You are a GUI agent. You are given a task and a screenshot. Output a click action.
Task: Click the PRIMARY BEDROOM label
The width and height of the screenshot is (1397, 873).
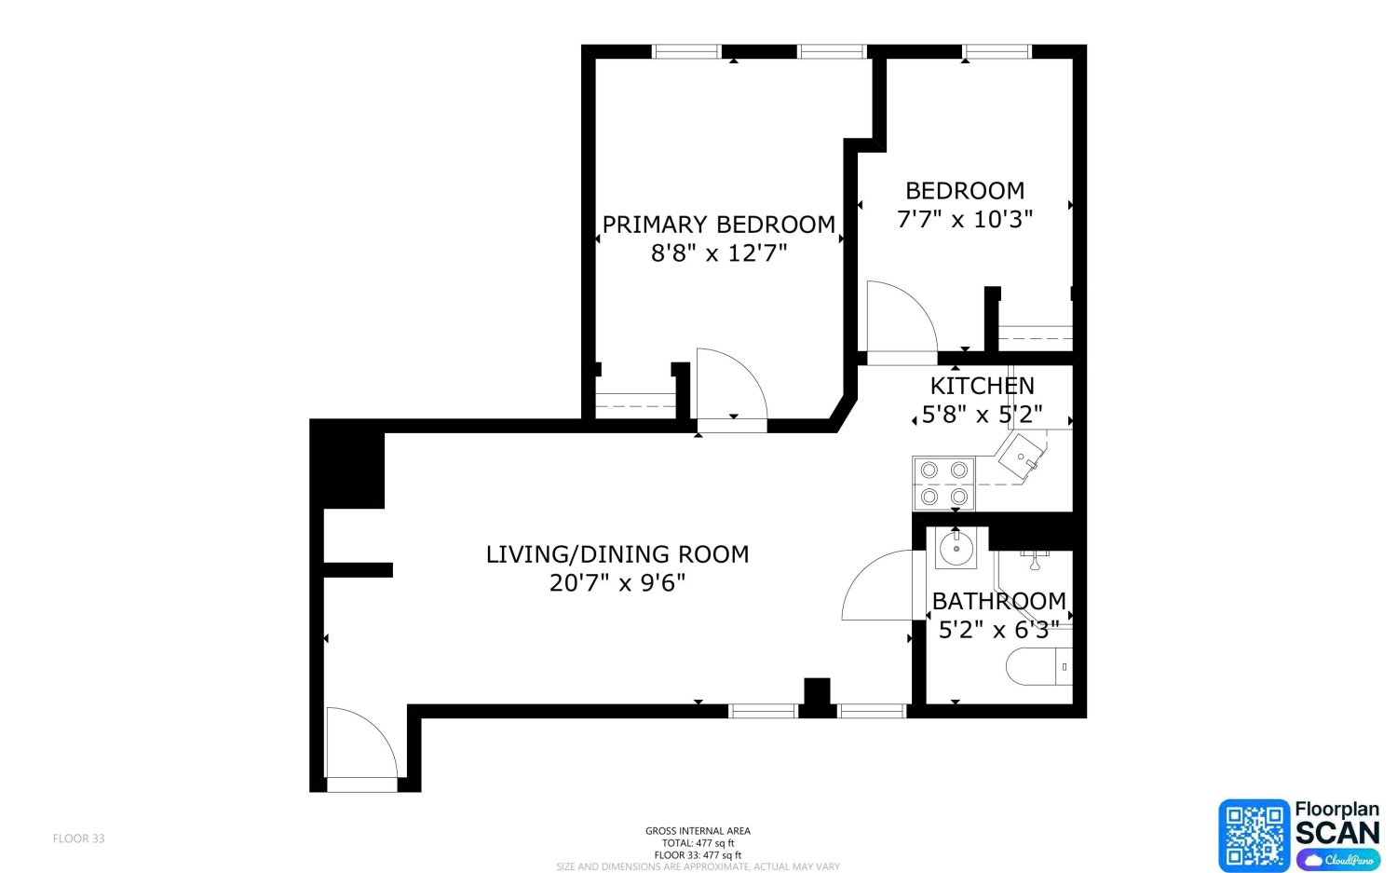coord(718,225)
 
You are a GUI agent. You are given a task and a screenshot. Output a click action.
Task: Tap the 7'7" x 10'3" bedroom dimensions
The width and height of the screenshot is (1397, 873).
coord(965,220)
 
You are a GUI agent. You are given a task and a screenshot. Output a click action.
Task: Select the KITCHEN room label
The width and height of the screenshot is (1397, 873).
coord(983,387)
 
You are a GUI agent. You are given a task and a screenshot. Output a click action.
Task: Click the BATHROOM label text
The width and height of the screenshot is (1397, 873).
coord(999,601)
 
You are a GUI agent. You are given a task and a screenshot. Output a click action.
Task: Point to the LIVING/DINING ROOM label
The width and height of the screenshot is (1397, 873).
coord(617,554)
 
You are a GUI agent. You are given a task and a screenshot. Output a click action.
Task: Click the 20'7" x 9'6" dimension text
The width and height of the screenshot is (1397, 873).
coord(617,583)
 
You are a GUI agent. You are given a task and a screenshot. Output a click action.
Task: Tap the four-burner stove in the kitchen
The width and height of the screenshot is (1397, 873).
coord(943,484)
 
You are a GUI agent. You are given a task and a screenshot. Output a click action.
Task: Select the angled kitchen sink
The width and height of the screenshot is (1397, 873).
coord(1022,457)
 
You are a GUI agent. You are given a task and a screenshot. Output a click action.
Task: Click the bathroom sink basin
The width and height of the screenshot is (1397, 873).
coord(956,549)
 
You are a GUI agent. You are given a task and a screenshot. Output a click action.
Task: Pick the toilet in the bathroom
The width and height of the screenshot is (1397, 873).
coord(1039,666)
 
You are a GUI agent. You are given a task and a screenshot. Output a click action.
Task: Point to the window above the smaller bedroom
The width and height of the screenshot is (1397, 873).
coord(997,51)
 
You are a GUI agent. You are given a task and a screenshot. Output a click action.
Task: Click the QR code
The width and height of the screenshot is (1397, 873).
coord(1255,835)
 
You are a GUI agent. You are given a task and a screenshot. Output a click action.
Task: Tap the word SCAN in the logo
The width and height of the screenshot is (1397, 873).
coord(1337,833)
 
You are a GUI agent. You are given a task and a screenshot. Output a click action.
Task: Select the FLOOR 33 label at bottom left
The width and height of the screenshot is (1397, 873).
coord(78,839)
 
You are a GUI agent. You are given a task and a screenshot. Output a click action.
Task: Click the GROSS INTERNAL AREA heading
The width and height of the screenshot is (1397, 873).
coord(698,830)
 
